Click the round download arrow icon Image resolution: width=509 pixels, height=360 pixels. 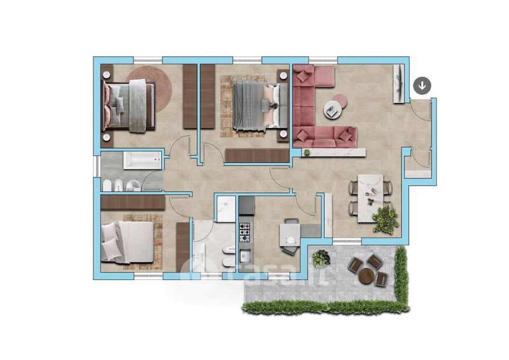tap(422, 86)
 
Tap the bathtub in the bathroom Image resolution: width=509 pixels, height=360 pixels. tap(142, 161)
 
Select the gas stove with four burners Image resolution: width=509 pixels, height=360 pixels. tap(245, 232)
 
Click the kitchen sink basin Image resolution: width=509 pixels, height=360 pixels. tap(245, 256)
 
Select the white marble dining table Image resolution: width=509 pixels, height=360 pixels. tap(370, 198)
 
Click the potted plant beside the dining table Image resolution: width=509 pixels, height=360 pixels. tap(386, 219)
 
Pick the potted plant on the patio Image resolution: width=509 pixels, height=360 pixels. tap(321, 259)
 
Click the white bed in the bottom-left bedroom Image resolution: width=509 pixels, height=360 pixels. tap(127, 242)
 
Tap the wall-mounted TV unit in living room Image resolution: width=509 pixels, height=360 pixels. tap(399, 84)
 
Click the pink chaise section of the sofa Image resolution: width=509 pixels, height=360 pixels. tap(324, 76)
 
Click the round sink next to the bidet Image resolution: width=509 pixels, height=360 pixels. tap(132, 185)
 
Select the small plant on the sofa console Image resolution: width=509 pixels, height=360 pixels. tap(307, 152)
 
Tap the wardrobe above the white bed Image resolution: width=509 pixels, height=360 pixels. tap(133, 202)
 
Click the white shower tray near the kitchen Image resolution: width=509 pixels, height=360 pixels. tap(226, 209)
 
